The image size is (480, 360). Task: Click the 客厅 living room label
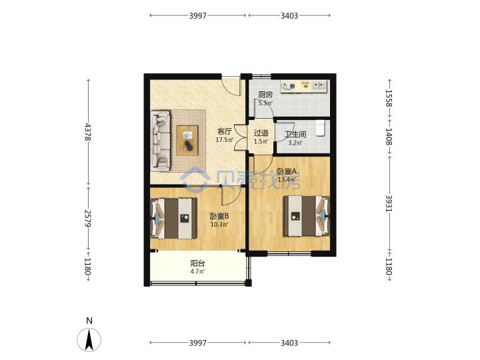(x=225, y=131)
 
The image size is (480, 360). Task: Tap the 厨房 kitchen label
(x=265, y=95)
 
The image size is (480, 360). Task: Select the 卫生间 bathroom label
(x=295, y=135)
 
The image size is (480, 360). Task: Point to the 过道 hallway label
(x=261, y=133)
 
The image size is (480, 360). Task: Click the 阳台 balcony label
(x=198, y=263)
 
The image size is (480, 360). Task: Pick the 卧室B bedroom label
(x=219, y=216)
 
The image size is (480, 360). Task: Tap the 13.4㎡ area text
(x=287, y=179)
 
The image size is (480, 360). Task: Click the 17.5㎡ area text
(x=225, y=140)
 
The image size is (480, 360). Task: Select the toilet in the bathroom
(x=320, y=128)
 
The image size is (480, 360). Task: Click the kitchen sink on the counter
(x=319, y=86)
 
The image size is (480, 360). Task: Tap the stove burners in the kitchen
(x=288, y=86)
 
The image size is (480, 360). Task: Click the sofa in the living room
(x=161, y=141)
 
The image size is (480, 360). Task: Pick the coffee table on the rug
(x=187, y=141)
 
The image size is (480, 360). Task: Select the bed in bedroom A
(x=307, y=216)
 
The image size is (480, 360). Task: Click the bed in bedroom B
(x=173, y=218)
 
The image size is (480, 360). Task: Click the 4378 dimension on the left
(x=88, y=132)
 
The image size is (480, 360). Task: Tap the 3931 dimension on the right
(x=389, y=203)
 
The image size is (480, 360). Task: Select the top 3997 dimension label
(x=198, y=15)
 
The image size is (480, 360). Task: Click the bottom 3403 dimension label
(x=289, y=343)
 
